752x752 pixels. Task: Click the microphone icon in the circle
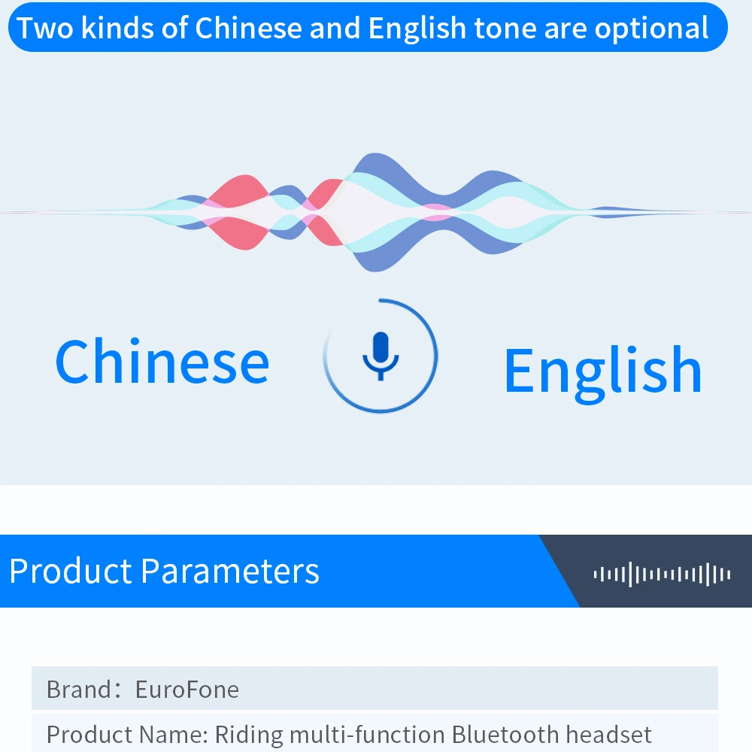(x=381, y=356)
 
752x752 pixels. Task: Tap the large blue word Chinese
(x=162, y=361)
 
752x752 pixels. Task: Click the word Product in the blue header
(x=71, y=571)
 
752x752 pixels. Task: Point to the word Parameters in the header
(x=230, y=571)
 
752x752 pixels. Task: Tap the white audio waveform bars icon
(x=662, y=574)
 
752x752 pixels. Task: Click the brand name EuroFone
(x=187, y=690)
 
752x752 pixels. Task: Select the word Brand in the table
(x=79, y=690)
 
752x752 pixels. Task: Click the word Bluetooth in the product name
(x=505, y=734)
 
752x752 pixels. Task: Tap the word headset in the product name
(x=608, y=734)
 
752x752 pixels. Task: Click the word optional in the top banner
(x=652, y=29)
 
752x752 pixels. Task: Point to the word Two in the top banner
(x=44, y=28)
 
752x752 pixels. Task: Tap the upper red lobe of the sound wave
(x=240, y=191)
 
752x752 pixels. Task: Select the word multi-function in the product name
(x=368, y=734)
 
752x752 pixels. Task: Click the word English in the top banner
(x=417, y=29)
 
